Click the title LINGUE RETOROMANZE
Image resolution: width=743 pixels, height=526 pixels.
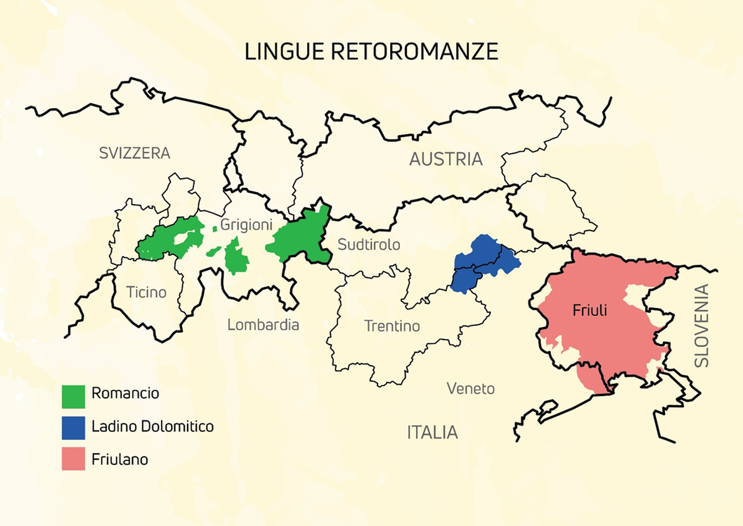click(x=371, y=51)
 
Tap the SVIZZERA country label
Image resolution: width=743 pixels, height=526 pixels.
click(x=134, y=153)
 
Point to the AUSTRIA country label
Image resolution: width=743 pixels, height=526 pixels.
click(x=445, y=159)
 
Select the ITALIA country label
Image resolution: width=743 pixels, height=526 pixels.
click(x=432, y=432)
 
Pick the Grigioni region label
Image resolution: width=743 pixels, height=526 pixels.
click(x=246, y=222)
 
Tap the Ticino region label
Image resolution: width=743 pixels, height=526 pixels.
click(x=146, y=292)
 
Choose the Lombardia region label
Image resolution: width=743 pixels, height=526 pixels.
click(x=263, y=325)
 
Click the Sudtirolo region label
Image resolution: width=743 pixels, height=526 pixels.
click(x=369, y=245)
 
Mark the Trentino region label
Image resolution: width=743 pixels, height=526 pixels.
click(x=392, y=325)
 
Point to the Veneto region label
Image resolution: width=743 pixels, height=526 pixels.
click(x=471, y=388)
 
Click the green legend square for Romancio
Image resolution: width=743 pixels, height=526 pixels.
click(x=74, y=396)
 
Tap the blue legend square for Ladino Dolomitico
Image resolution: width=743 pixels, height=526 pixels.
click(x=74, y=427)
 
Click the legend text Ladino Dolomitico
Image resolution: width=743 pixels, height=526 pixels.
click(x=152, y=426)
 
